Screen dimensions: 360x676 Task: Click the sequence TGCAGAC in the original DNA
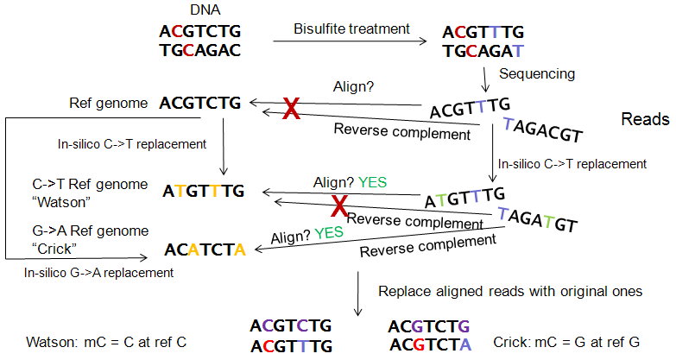[200, 49]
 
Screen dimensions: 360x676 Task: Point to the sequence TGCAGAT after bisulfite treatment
[482, 50]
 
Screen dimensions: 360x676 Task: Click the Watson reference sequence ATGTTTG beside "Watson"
[204, 190]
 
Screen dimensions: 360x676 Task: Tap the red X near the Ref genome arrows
[292, 109]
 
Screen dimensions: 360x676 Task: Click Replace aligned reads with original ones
[510, 292]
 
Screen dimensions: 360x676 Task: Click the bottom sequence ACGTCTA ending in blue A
[429, 345]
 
